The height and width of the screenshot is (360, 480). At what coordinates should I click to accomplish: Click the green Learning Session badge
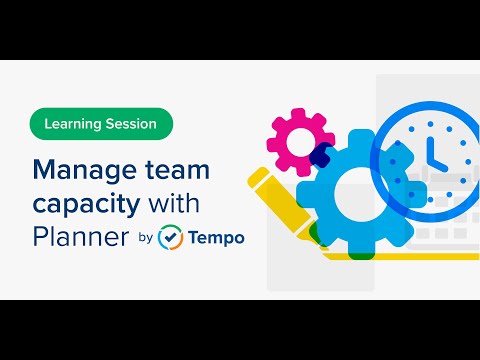[x=101, y=124]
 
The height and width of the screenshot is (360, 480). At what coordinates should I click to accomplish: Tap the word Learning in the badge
[x=79, y=124]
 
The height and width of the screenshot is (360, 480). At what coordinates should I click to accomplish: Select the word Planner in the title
[x=81, y=237]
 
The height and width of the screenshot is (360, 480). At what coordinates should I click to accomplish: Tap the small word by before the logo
[x=145, y=239]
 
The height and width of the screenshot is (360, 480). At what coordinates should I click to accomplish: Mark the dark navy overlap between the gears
[x=321, y=155]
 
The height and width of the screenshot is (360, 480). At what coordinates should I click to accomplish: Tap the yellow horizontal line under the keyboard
[x=400, y=256]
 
